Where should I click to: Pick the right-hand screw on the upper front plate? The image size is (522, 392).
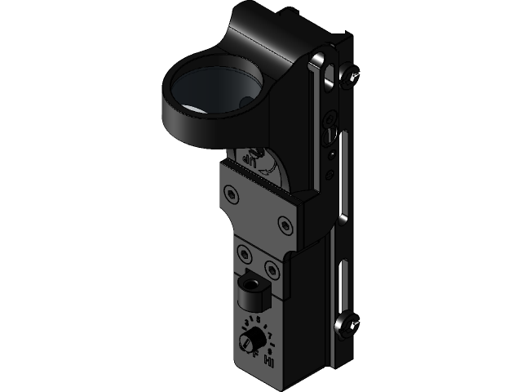pos(285,222)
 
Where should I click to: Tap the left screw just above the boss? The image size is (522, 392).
pos(245,252)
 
